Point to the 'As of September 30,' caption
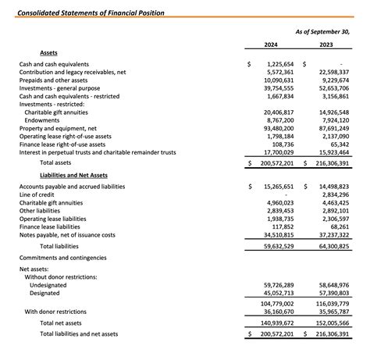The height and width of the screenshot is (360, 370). (322, 30)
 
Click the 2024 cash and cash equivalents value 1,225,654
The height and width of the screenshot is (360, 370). (279, 64)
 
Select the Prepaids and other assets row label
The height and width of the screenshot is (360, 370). (53, 80)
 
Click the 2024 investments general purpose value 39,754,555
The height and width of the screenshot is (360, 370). (278, 88)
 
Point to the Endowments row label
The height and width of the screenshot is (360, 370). (42, 121)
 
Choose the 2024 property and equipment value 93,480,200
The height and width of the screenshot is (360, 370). (278, 129)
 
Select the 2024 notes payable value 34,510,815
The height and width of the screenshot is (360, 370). (278, 234)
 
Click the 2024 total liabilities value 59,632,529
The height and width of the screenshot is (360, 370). (278, 246)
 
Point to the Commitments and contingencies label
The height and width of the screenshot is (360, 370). (62, 257)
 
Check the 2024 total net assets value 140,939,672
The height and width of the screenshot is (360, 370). (276, 322)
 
